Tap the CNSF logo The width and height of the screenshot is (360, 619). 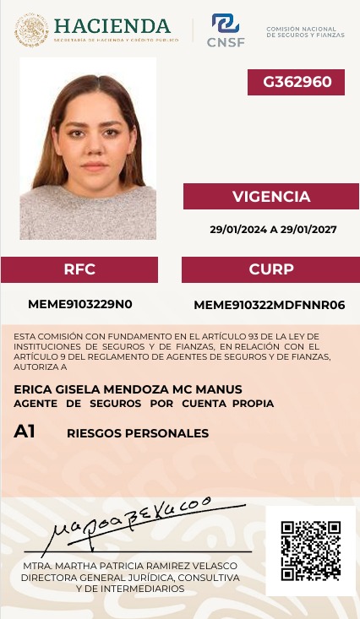tap(226, 30)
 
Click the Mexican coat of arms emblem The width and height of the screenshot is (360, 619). tap(31, 30)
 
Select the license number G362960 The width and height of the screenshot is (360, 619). tap(296, 82)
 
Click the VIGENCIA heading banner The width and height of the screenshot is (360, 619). tap(271, 197)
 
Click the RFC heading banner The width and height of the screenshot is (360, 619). tap(79, 269)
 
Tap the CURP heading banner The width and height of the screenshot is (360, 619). tap(271, 269)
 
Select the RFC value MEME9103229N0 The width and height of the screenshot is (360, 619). tap(80, 304)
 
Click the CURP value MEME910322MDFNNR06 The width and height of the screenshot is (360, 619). tap(270, 305)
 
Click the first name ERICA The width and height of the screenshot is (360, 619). tap(31, 388)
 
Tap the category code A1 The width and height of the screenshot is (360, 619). tap(25, 432)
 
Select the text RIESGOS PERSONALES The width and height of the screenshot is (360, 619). tap(138, 433)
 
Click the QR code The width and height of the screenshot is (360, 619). tap(310, 551)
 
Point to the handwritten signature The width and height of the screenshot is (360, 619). tap(127, 522)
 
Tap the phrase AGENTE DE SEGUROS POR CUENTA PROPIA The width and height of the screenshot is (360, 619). tap(144, 404)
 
